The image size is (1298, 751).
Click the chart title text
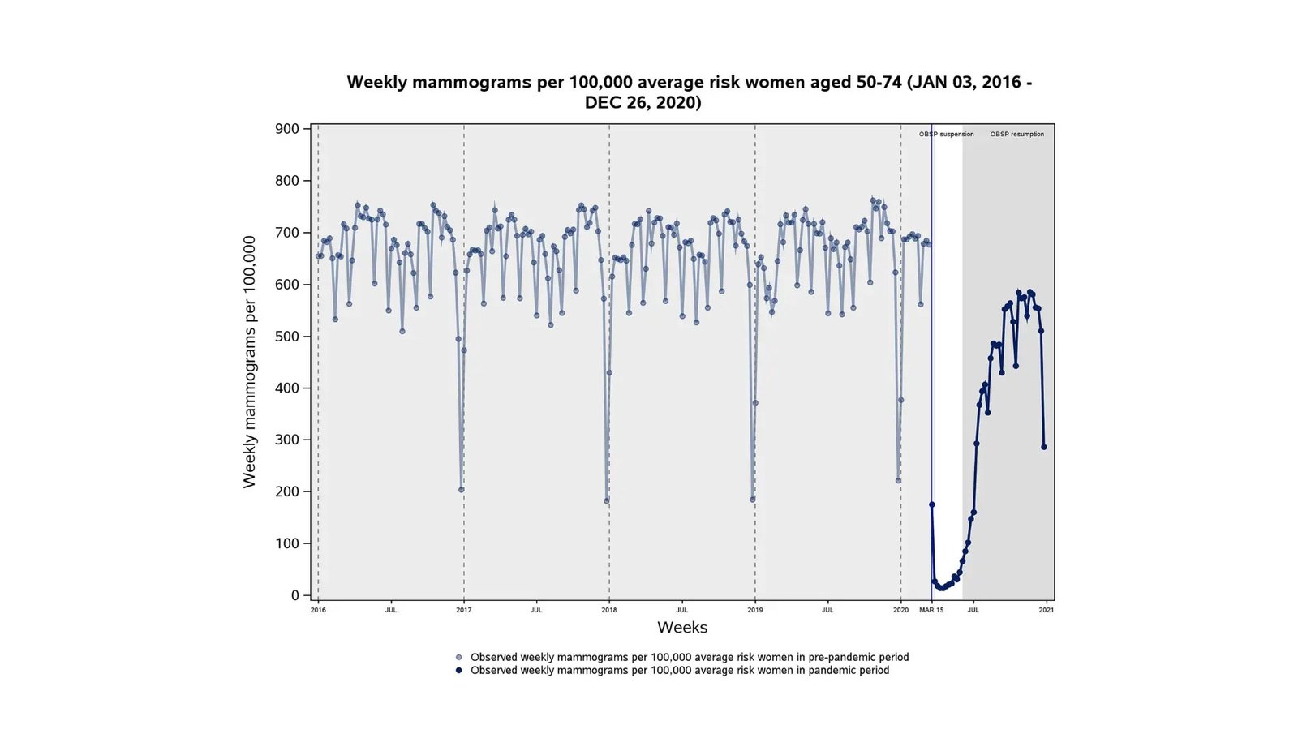pos(689,92)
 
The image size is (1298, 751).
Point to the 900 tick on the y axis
pos(288,129)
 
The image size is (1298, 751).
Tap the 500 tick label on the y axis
pos(288,337)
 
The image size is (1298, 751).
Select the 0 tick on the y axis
pos(295,595)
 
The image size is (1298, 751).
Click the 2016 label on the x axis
pos(318,610)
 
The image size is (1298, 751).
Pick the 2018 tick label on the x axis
pos(609,610)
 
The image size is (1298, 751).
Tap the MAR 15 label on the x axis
pos(931,610)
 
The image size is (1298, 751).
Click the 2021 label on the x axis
pos(1047,610)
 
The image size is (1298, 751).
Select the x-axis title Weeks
pos(682,628)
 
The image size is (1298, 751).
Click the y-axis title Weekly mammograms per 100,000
pos(249,362)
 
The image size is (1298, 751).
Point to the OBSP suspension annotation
pos(946,135)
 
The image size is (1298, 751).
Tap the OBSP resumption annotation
pos(1016,135)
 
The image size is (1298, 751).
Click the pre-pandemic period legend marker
pos(458,658)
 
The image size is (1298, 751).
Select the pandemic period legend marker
pos(458,671)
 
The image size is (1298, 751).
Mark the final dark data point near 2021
pos(1044,447)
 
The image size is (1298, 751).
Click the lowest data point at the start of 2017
pos(462,490)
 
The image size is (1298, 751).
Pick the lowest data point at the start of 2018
pos(607,501)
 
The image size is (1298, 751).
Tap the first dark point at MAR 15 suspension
pos(932,504)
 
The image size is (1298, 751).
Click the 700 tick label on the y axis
pos(288,233)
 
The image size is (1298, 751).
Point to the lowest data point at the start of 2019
pos(753,500)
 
